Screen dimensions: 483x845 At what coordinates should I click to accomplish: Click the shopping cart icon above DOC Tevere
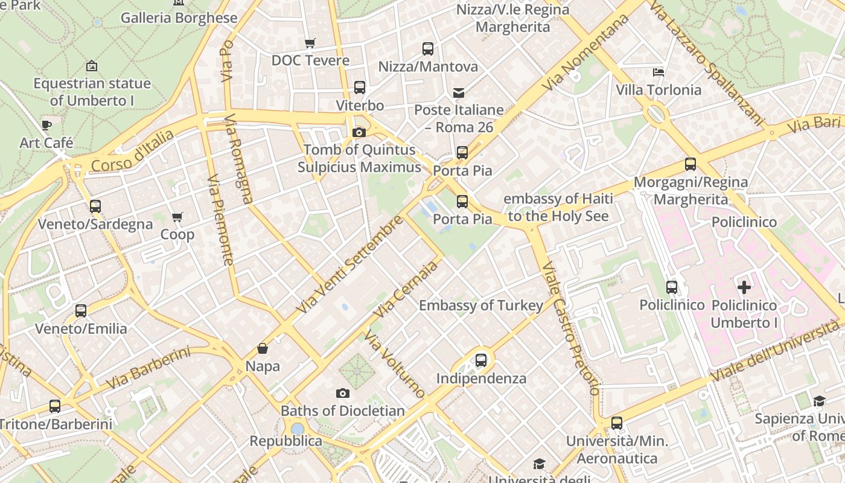tap(310, 43)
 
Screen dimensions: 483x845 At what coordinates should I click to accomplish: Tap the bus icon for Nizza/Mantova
tap(428, 49)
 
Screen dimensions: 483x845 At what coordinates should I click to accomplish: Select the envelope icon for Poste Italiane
tap(459, 92)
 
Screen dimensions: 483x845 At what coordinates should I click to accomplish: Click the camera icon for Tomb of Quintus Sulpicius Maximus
tap(359, 132)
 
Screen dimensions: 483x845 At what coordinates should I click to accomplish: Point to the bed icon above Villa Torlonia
tap(658, 72)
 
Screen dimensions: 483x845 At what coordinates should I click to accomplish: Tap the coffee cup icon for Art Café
tap(46, 126)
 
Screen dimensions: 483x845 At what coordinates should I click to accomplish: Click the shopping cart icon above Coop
tap(177, 217)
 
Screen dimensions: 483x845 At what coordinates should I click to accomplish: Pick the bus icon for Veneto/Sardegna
tap(95, 206)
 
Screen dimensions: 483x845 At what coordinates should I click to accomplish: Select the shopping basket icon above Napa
tap(263, 348)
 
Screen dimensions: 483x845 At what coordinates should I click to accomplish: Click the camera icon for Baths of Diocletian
tap(343, 394)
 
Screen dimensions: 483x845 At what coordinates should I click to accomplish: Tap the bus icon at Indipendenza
tap(481, 360)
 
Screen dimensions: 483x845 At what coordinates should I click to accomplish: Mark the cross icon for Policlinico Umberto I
tap(744, 287)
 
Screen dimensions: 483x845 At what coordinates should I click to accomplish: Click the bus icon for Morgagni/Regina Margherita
tap(690, 164)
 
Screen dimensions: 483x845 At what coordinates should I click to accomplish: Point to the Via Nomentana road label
tap(585, 53)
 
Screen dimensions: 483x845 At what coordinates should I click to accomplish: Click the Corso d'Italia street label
tap(132, 150)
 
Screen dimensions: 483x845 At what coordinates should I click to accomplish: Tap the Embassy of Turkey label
tap(481, 305)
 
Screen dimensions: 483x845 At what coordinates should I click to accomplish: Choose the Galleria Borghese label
tap(179, 18)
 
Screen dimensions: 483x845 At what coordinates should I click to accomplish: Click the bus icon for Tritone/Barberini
tap(55, 406)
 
